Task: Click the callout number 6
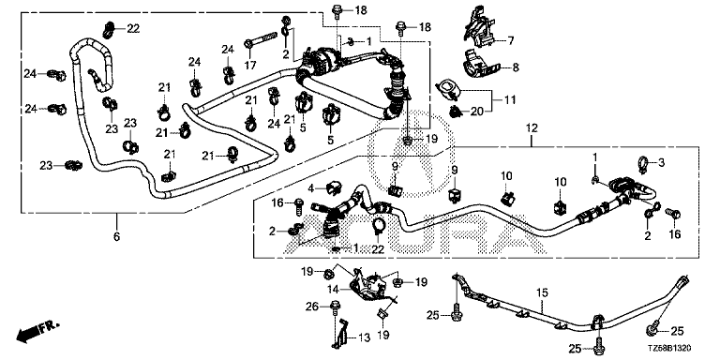pos(116,237)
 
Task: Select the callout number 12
pos(532,128)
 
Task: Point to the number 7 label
pos(510,41)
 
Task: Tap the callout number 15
pos(542,292)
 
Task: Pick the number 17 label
pos(250,66)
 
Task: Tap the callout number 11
pos(510,99)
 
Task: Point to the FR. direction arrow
pos(37,332)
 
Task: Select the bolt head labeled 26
pos(335,306)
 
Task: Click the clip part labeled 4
pos(334,186)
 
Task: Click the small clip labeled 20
pos(456,111)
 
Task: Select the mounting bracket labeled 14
pos(367,285)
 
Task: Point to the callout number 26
pos(311,306)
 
